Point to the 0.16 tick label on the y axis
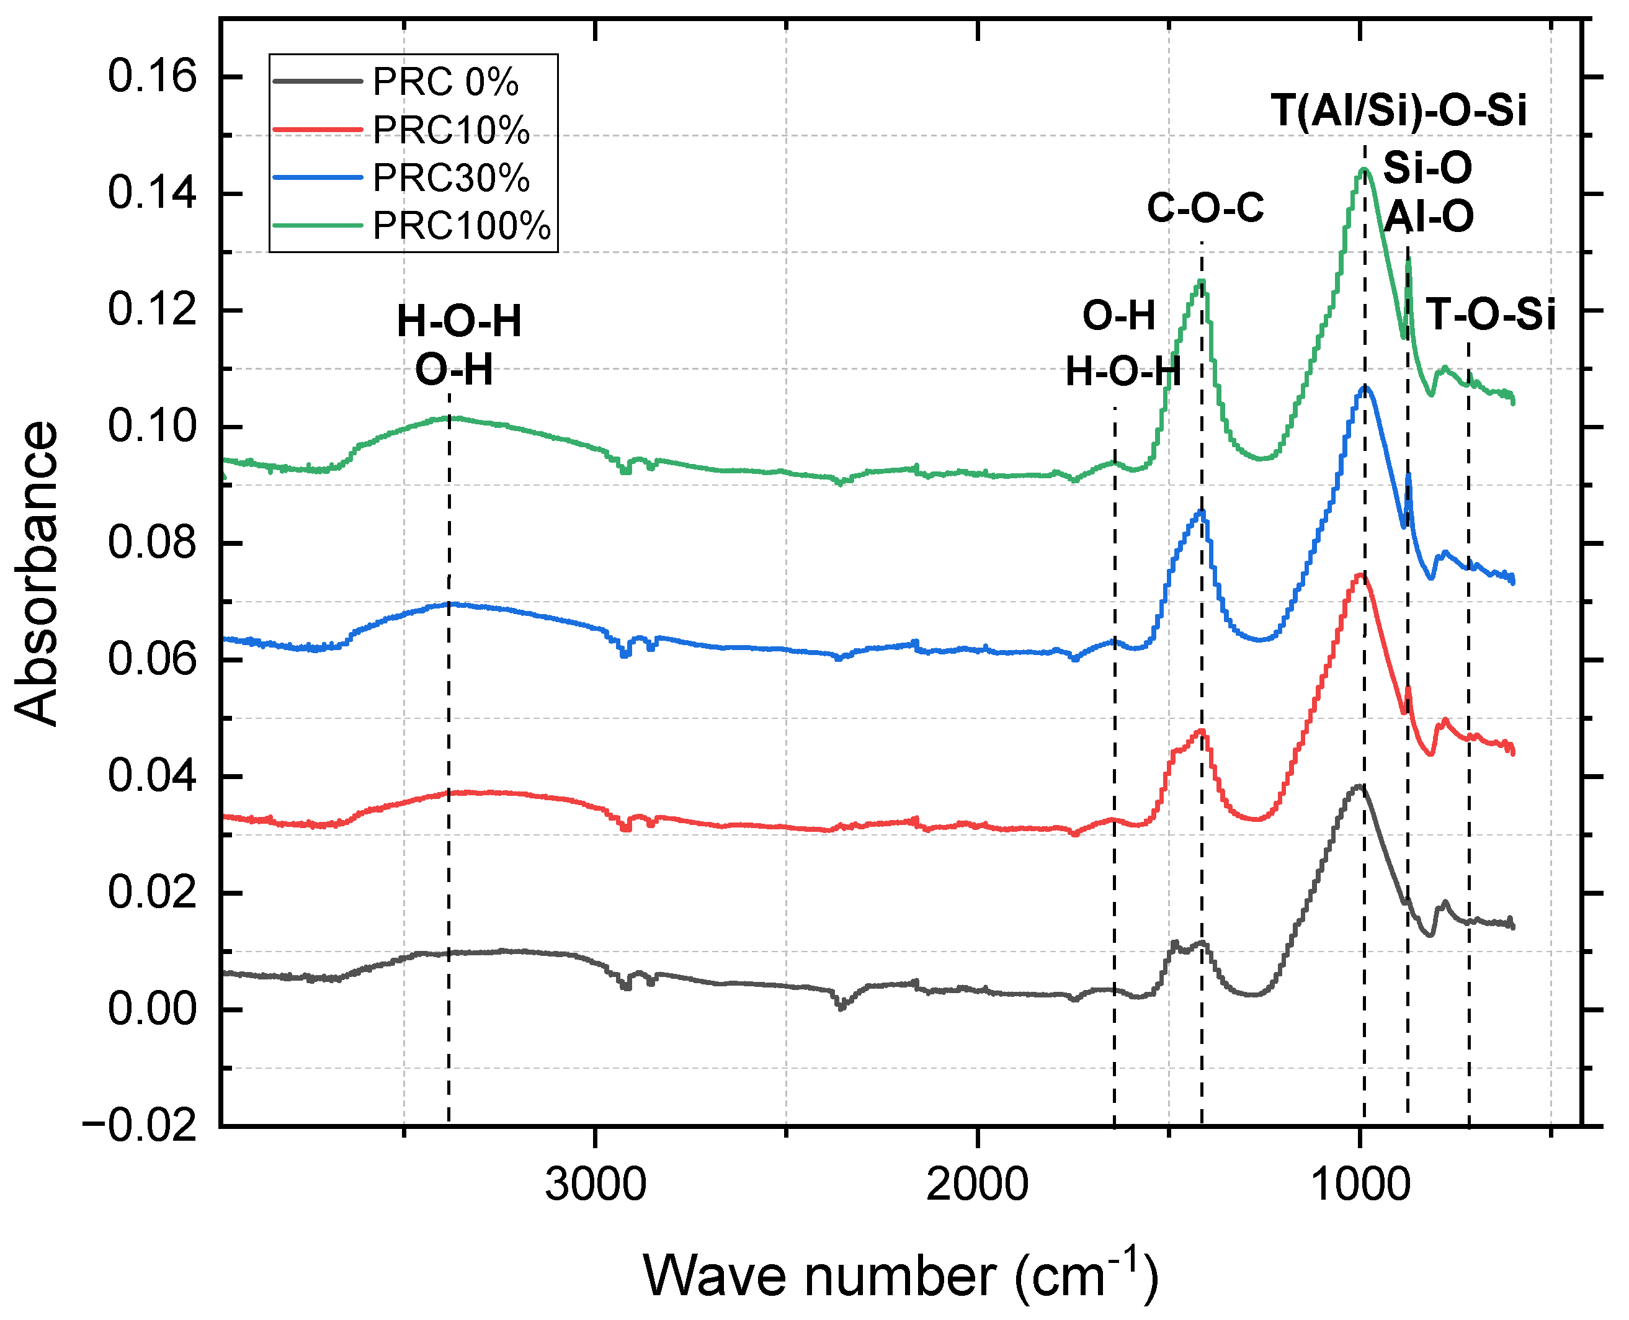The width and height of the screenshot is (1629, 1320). (152, 77)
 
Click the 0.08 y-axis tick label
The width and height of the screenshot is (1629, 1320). (152, 543)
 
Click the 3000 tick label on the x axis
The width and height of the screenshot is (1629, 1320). (596, 1185)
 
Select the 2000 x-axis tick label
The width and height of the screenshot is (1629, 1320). (977, 1185)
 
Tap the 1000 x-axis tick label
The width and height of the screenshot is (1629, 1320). (1360, 1185)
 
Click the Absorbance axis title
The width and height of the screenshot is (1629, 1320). (37, 573)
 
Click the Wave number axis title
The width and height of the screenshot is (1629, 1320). (901, 1276)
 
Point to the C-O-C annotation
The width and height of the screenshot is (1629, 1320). (1205, 208)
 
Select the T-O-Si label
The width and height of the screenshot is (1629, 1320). (1490, 314)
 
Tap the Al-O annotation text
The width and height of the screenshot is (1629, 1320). (1427, 216)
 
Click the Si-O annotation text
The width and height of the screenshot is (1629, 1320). (1427, 167)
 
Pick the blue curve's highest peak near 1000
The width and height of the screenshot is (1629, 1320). (1364, 387)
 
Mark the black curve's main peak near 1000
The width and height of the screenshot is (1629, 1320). (1359, 786)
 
